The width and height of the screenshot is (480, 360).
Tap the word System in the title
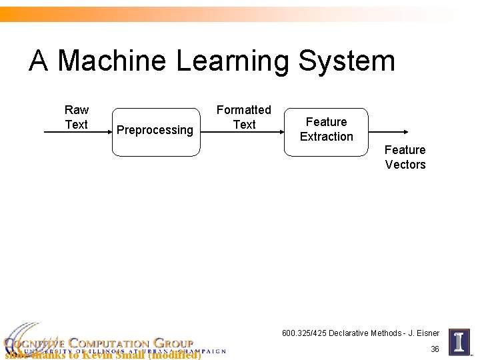coord(347,61)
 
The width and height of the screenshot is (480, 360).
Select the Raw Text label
coord(77,117)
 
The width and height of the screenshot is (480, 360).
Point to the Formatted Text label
coord(244,117)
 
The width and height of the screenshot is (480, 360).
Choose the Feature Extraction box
coord(326,131)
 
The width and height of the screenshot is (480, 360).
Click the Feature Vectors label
coord(405,157)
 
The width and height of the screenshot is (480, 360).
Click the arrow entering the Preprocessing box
coord(77,133)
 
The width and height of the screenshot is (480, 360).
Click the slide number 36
coord(435,349)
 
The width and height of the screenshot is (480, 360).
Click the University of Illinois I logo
coord(459,342)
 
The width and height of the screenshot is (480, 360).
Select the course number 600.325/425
coord(305,333)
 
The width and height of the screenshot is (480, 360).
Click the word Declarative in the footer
coord(351,333)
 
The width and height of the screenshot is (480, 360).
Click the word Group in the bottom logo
coord(173,343)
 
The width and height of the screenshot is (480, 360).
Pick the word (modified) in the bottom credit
coord(175,355)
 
